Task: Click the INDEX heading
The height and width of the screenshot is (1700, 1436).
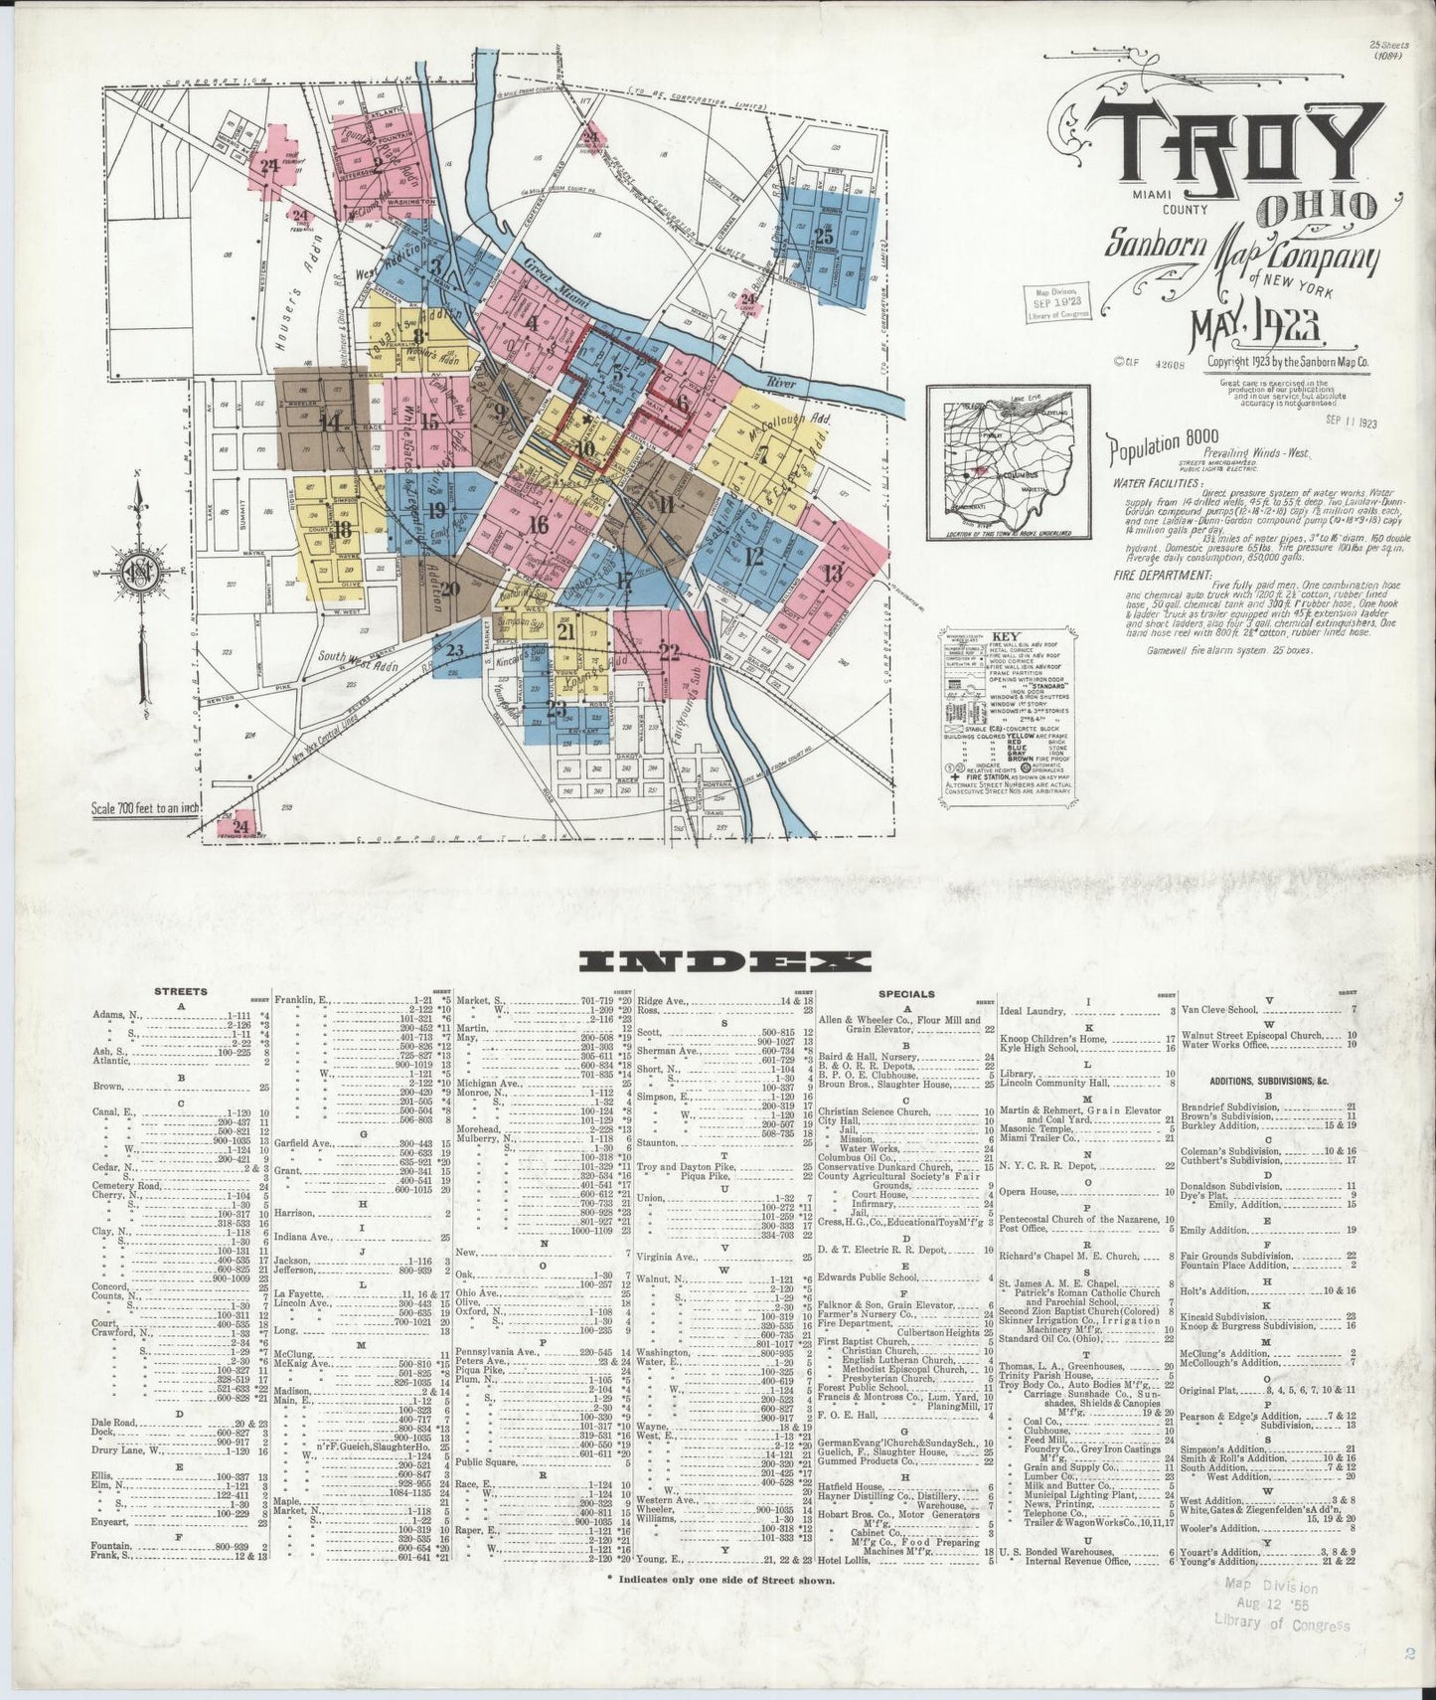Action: (x=725, y=961)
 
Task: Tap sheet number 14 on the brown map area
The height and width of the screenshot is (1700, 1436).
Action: (x=329, y=421)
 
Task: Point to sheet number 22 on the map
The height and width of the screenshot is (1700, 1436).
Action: (x=669, y=652)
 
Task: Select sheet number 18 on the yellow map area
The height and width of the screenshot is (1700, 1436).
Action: (x=343, y=529)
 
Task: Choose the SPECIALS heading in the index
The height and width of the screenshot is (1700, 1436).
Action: (x=906, y=992)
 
